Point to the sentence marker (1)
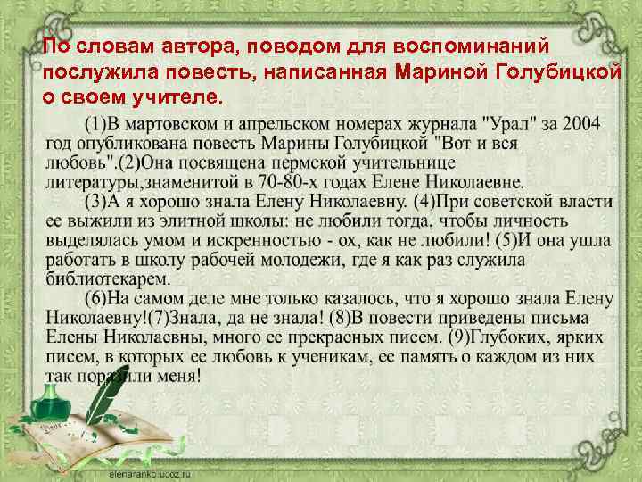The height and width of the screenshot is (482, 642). point(99,123)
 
